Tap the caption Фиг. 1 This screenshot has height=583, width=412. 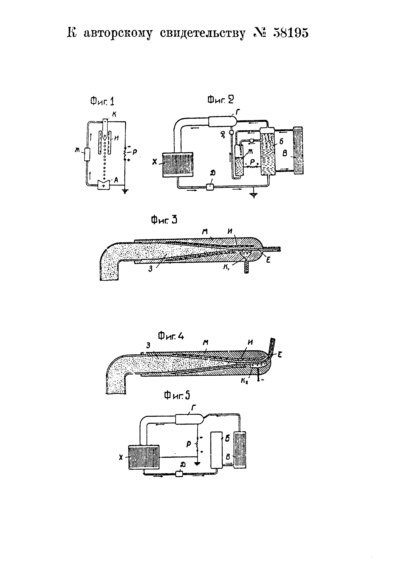[x=102, y=102]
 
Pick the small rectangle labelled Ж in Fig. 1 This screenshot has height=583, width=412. [x=87, y=154]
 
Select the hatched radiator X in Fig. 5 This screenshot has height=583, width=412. [x=144, y=457]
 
